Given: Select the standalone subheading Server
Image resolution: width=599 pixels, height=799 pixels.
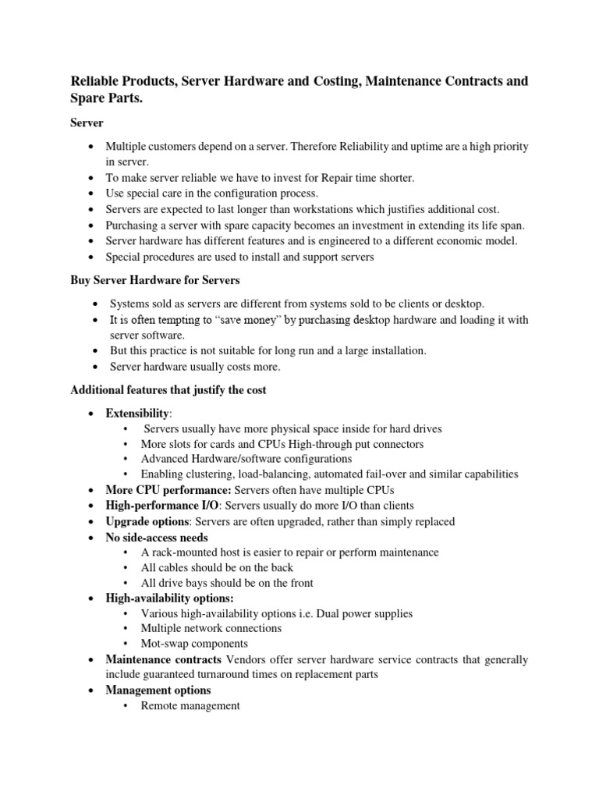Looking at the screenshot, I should pos(87,123).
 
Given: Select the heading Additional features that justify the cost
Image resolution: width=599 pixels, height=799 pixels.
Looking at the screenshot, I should pos(168,390).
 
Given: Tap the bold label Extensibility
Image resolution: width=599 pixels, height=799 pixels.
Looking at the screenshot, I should pos(137,413).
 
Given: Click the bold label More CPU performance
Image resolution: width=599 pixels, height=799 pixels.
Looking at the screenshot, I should pos(168,489).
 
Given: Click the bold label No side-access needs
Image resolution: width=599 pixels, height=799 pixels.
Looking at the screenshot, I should pos(157,537).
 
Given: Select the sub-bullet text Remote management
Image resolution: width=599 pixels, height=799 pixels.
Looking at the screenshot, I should pos(190,705).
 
